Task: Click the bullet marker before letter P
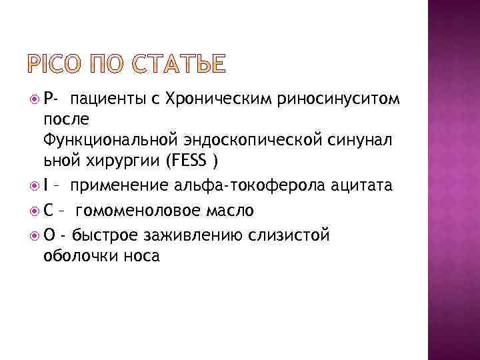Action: tap(34, 100)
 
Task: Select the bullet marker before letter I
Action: tap(34, 185)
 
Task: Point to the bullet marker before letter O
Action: tap(34, 234)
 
